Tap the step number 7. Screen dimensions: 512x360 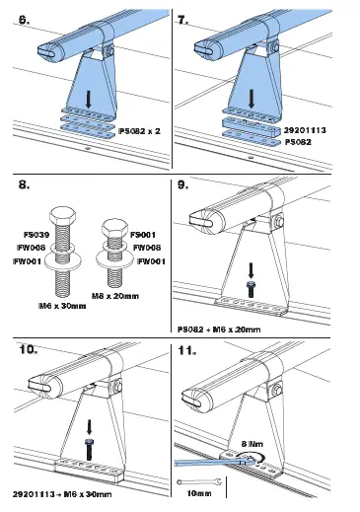click(183, 20)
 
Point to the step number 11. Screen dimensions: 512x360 click(183, 350)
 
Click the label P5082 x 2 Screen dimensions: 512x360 click(138, 129)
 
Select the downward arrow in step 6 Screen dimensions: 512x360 click(90, 100)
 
